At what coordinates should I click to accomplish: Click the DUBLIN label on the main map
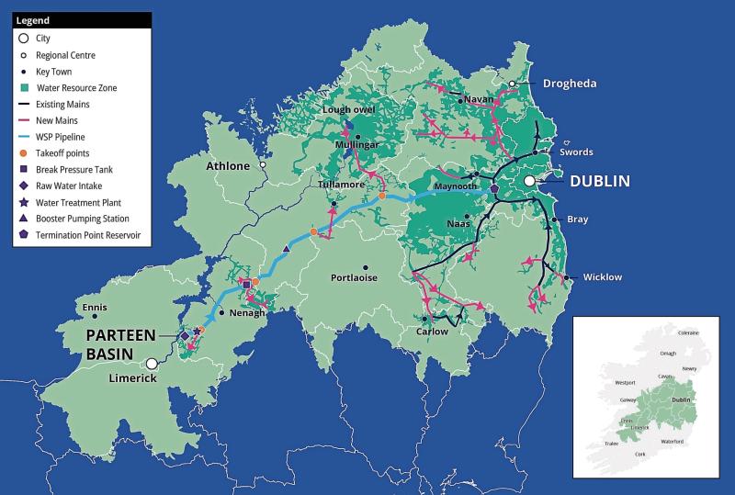tap(600, 181)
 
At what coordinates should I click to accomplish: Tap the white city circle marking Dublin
tap(530, 182)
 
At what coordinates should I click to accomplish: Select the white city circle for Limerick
tap(153, 364)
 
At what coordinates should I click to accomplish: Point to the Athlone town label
tap(227, 166)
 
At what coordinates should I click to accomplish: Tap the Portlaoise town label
tap(353, 277)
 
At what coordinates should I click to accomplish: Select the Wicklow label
tap(603, 276)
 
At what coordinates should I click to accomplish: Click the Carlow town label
tap(433, 332)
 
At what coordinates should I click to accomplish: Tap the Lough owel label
tap(350, 110)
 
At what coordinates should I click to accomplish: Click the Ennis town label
tap(95, 307)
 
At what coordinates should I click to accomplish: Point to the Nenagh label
tap(248, 313)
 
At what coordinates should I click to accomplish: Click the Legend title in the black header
tap(33, 19)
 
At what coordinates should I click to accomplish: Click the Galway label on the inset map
tap(628, 400)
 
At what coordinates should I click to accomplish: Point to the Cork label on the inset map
tap(640, 454)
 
